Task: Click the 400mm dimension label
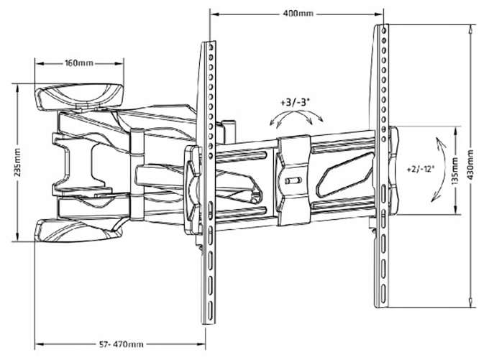point(298,14)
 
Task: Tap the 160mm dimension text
point(79,63)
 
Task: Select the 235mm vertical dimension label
point(17,162)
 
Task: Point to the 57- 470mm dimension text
point(122,344)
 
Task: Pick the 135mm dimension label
point(456,172)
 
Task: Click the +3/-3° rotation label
point(295,103)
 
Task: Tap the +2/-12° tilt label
point(421,170)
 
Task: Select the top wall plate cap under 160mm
point(80,96)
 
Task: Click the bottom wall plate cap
point(78,230)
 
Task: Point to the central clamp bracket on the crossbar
point(293,180)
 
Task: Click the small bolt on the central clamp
point(293,180)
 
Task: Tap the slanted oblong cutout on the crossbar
point(344,175)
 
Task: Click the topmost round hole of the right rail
point(384,30)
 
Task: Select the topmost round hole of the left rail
point(211,47)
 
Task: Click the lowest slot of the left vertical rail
point(211,310)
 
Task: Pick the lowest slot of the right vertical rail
point(383,292)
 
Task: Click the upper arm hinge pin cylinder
point(137,142)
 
